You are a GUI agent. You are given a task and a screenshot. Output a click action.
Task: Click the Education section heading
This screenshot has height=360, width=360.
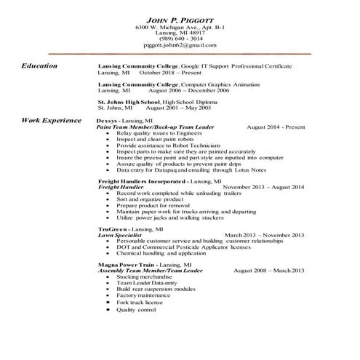pos(40,66)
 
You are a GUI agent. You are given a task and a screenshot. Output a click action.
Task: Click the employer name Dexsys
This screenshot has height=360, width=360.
pos(111,119)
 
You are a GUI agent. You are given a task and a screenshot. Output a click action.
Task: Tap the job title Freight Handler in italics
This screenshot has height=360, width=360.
pos(120,186)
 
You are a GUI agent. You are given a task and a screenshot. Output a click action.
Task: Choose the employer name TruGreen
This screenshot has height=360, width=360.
pos(114,229)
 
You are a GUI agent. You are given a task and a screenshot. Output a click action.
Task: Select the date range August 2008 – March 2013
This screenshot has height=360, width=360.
pos(268,271)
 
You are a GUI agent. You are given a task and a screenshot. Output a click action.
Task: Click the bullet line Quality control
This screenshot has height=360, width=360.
pos(136,310)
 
